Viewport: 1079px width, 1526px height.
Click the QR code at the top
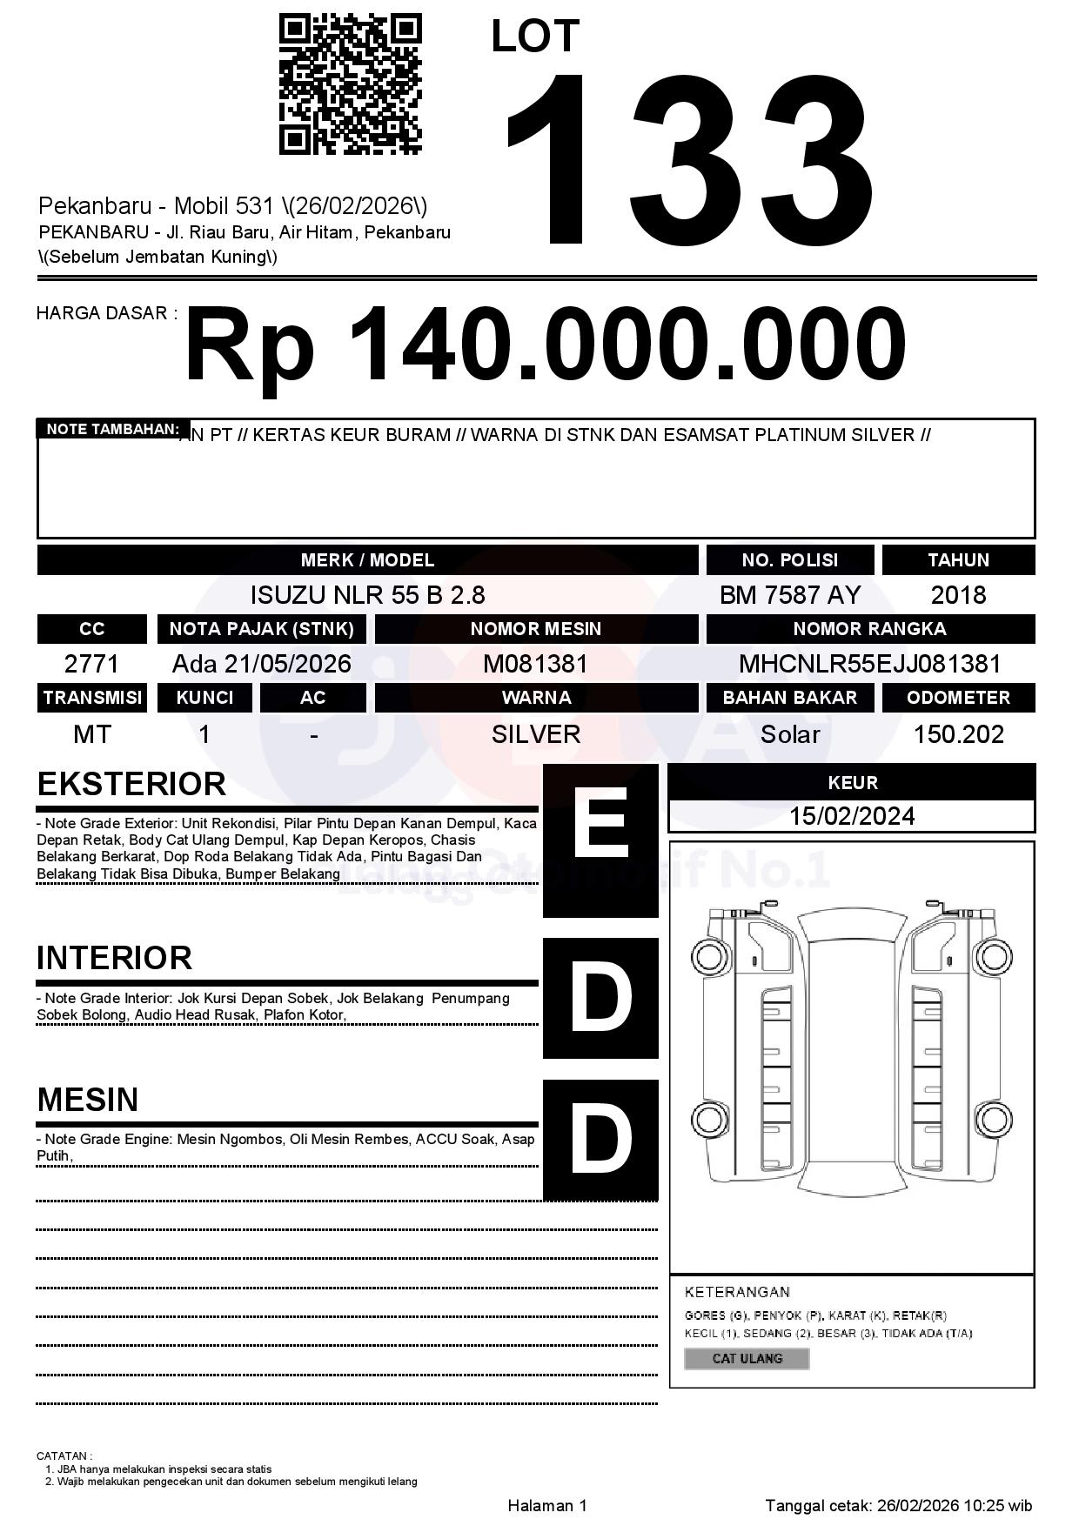350,84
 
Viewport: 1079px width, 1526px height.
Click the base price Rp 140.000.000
546,345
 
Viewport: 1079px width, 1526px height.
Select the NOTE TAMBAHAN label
112,429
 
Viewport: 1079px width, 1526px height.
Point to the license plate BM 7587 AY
789,595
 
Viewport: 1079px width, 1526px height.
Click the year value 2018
958,595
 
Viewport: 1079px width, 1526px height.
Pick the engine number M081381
536,664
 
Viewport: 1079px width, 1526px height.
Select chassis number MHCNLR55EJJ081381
869,664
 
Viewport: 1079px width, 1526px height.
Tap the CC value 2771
91,664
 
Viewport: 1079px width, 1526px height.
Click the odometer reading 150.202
958,734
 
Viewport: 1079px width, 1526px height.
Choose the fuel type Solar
789,734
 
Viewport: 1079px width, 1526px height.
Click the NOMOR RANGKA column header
869,628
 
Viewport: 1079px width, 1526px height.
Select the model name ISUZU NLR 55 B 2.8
367,595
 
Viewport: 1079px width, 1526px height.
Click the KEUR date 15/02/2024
852,816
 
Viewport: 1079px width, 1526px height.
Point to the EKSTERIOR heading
131,784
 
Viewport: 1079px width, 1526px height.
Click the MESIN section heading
88,1100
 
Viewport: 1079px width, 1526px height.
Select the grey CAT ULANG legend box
747,1358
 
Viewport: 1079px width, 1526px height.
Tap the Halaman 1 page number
547,1505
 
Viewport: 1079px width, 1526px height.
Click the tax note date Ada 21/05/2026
261,664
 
